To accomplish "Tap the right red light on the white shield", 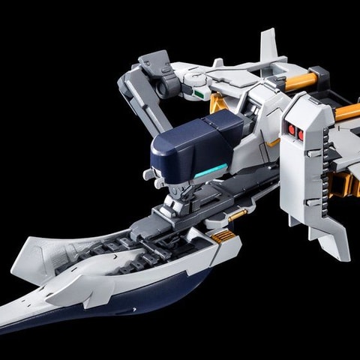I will [x=300, y=134].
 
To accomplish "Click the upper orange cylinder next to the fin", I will [x=302, y=81].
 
